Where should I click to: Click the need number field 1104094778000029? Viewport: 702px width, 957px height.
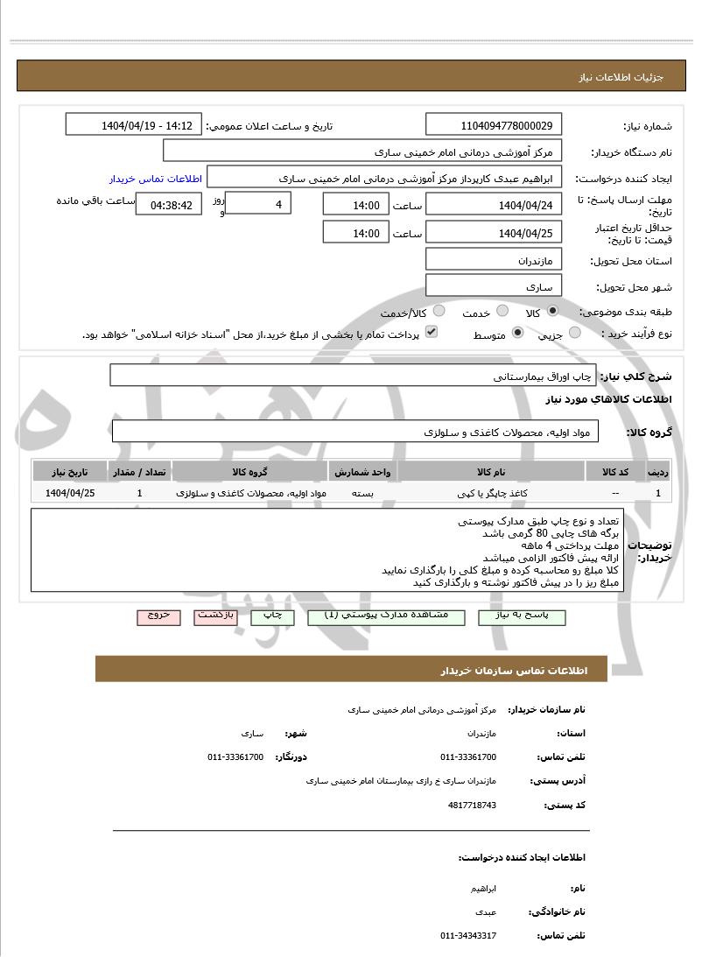click(x=495, y=125)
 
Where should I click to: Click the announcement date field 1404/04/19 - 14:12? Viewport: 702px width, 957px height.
click(x=133, y=125)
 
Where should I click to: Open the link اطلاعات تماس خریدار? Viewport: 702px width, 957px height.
click(x=156, y=179)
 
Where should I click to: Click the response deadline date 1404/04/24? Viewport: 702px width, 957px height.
click(x=495, y=205)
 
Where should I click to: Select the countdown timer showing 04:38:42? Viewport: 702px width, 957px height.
click(x=170, y=206)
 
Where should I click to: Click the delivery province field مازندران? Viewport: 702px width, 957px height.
click(x=495, y=260)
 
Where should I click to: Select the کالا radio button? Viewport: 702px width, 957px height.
click(x=552, y=312)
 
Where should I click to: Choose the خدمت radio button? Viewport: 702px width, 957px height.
click(x=502, y=312)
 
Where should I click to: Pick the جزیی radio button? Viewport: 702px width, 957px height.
click(x=575, y=333)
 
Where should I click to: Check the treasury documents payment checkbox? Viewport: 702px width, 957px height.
click(x=432, y=333)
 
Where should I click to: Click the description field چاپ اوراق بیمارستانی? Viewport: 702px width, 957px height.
click(x=353, y=376)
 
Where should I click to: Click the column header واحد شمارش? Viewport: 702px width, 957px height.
click(x=362, y=472)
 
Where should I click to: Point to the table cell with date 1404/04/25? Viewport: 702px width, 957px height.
click(x=70, y=493)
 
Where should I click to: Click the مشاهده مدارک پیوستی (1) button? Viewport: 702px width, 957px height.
click(x=387, y=616)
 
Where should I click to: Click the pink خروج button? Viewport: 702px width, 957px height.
click(x=158, y=616)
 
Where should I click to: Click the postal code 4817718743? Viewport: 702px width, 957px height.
click(x=471, y=805)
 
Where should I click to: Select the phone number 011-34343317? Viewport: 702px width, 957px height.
click(x=468, y=936)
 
